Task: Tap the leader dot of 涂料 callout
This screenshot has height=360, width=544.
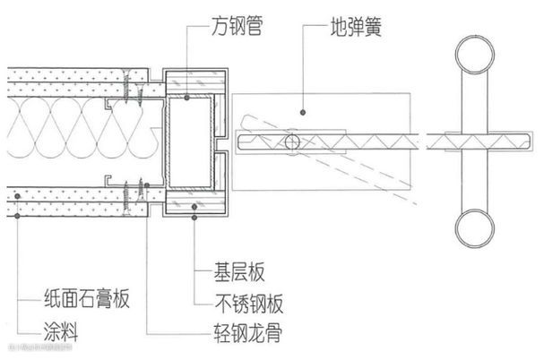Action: (x=16, y=216)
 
